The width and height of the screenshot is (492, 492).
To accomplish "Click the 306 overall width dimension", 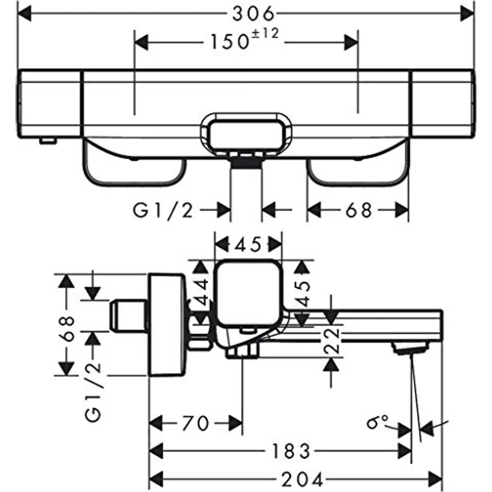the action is coord(253,14).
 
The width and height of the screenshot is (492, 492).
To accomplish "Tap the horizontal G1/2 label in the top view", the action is coord(163,210).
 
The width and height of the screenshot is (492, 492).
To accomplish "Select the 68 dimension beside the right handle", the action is coord(359,211).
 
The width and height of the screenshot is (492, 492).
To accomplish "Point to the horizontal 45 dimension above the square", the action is coord(248,245).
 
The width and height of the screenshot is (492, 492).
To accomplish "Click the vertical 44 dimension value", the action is coord(201,292).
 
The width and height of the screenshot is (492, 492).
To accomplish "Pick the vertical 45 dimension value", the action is coord(302,293).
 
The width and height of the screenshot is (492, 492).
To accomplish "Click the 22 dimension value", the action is coord(332,341).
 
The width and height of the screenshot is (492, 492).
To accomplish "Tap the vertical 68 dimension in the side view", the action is coord(67,328).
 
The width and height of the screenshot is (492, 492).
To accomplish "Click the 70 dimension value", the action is coord(195,423).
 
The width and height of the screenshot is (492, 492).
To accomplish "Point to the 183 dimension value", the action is coord(291,451).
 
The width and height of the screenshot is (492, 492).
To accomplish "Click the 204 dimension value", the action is coord(302,479).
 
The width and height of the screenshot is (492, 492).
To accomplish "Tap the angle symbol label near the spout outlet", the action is coord(377,422).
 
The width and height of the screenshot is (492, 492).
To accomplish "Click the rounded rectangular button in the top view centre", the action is coord(246,134).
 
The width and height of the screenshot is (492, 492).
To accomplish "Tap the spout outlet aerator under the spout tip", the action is coord(410,348).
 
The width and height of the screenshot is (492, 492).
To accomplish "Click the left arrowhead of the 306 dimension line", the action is coord(25,13).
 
